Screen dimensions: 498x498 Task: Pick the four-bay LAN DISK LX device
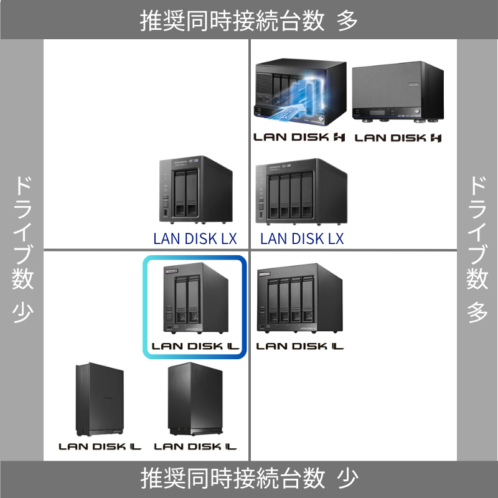coord(301,192)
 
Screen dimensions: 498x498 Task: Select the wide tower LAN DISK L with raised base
coord(194,399)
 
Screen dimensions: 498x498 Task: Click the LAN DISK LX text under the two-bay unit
coord(195,238)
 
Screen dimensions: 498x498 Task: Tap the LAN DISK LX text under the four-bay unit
coord(302,238)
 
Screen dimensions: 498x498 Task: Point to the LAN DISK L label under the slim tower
coord(100,446)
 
